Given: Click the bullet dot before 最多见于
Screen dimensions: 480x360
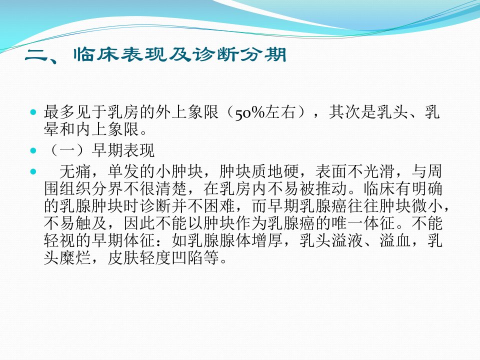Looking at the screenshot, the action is pyautogui.click(x=33, y=112).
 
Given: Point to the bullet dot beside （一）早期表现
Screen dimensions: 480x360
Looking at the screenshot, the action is pyautogui.click(x=33, y=150).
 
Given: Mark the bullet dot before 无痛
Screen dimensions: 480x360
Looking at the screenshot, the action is pyautogui.click(x=33, y=171).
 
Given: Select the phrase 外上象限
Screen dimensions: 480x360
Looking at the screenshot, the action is pyautogui.click(x=187, y=112).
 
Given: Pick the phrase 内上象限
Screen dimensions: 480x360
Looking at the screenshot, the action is pyautogui.click(x=107, y=129).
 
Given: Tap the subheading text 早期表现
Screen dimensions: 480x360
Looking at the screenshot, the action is pyautogui.click(x=123, y=150).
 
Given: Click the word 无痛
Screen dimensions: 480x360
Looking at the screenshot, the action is pyautogui.click(x=75, y=171).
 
